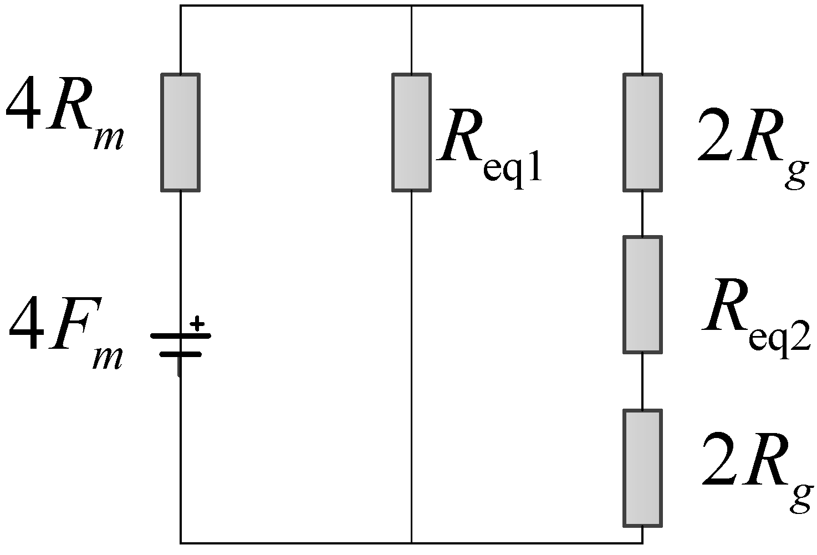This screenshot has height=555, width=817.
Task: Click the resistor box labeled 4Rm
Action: (x=180, y=132)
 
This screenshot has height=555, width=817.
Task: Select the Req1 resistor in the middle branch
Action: (x=411, y=132)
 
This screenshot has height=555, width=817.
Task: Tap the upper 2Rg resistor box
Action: (x=642, y=132)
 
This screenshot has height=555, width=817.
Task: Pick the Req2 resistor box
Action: (x=642, y=294)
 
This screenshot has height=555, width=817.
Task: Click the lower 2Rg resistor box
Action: (x=642, y=467)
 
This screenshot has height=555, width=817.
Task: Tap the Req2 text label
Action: (x=757, y=319)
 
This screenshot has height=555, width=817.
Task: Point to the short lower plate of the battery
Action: (x=180, y=354)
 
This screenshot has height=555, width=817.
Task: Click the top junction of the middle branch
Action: (x=411, y=6)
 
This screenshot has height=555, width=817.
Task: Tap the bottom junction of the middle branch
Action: (x=411, y=543)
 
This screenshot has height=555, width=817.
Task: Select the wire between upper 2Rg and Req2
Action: (x=642, y=213)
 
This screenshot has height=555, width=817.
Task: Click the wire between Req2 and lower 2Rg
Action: (x=642, y=381)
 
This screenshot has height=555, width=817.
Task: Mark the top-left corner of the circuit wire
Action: (x=181, y=6)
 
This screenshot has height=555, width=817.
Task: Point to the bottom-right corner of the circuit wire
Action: (x=642, y=543)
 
